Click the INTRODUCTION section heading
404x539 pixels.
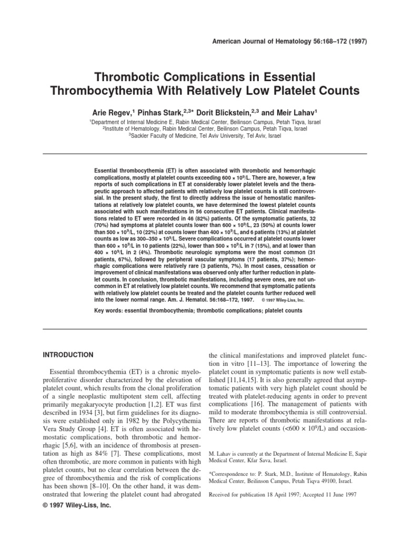tap(68, 355)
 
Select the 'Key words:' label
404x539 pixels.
tap(107, 311)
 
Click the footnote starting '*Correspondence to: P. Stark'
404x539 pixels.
tap(279, 477)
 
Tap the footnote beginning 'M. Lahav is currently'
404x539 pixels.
tap(279, 456)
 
